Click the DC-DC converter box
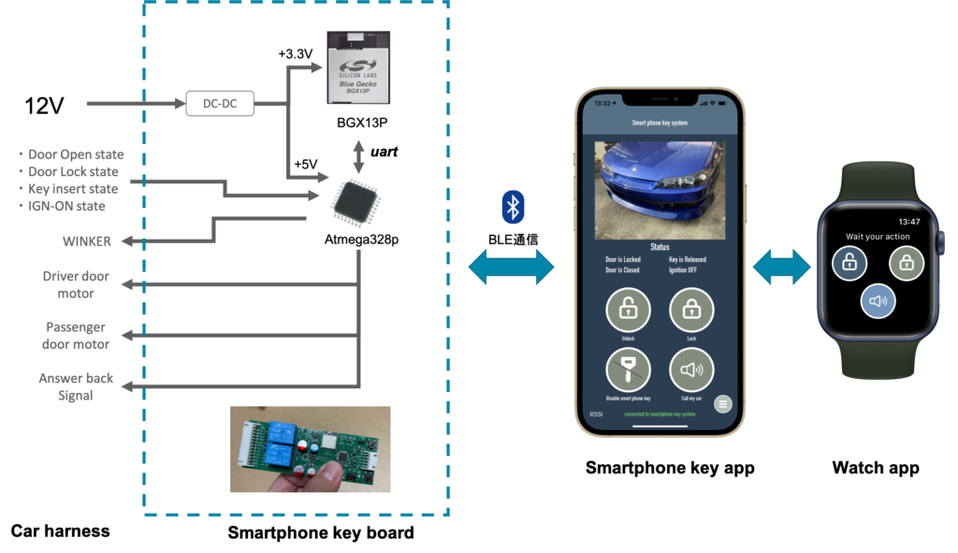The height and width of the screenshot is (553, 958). (220, 104)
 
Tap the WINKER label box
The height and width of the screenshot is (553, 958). (88, 241)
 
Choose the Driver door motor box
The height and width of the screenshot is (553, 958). (76, 284)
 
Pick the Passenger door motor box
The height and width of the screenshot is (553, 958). (76, 336)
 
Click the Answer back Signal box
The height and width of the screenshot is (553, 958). (76, 386)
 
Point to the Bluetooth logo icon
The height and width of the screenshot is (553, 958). (512, 207)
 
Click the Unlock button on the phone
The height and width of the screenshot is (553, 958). (629, 309)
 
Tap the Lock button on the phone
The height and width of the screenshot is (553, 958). (691, 309)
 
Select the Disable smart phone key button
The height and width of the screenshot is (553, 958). (629, 371)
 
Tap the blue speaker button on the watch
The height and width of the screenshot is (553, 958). (878, 301)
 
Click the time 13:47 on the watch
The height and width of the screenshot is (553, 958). (908, 222)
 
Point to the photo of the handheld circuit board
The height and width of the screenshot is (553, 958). (310, 448)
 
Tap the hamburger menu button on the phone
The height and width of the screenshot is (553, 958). (722, 404)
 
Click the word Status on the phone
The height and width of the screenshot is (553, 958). (660, 247)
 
